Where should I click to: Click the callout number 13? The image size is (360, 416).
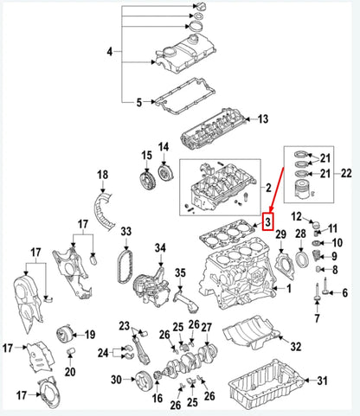coord(263,118)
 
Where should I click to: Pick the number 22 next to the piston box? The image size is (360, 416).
coord(346,173)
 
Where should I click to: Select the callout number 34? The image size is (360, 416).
coord(160,249)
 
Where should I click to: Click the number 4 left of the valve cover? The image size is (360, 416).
coord(109,53)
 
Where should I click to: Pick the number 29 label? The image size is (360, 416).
coord(280,235)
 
